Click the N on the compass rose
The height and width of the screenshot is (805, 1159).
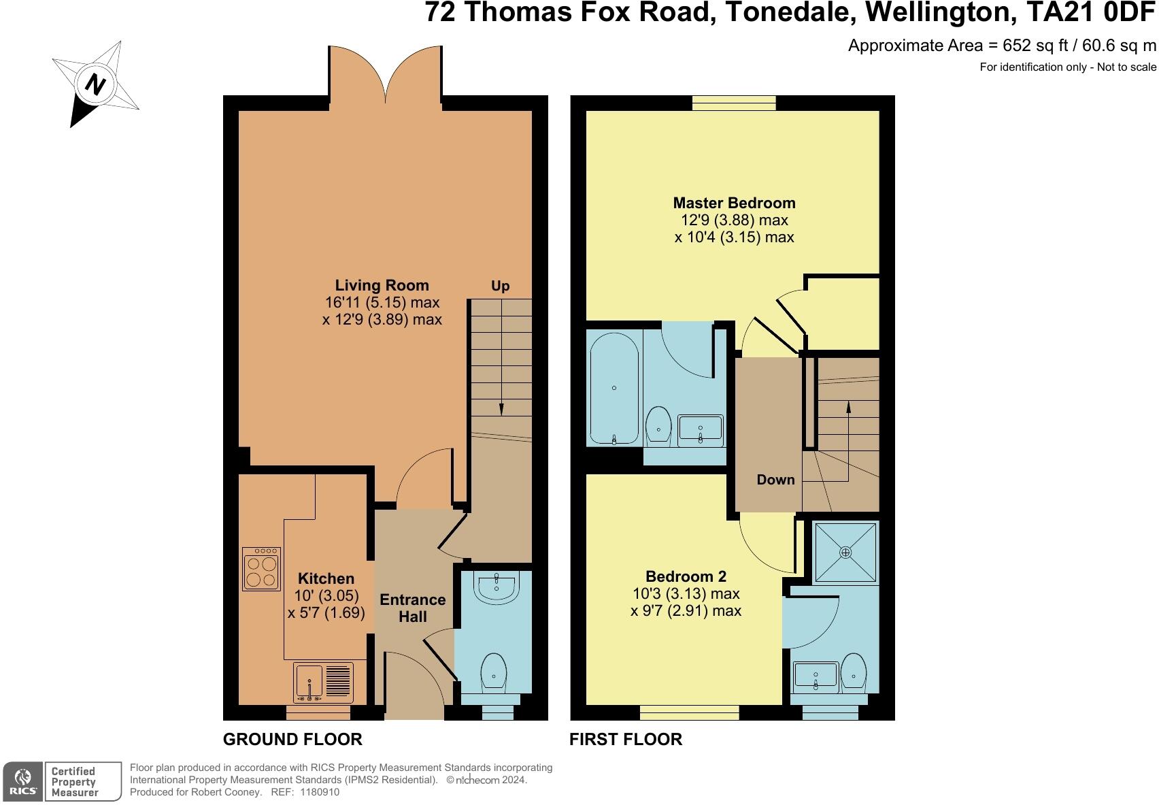(x=95, y=84)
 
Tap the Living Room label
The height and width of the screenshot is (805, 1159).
(x=382, y=285)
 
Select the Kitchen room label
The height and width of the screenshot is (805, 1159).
(x=326, y=578)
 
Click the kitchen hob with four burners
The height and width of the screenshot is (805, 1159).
(x=261, y=569)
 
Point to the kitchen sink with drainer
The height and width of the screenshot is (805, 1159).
(x=323, y=683)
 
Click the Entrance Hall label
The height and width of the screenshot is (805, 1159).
(x=413, y=608)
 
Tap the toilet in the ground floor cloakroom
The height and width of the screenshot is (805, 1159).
(x=494, y=673)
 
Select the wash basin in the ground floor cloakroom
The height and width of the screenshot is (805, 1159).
(x=497, y=587)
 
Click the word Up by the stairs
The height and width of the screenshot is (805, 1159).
(x=501, y=286)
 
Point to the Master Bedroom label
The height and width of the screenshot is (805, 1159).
(x=734, y=203)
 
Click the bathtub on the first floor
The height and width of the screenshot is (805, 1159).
(x=614, y=389)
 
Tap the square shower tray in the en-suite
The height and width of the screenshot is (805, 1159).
(x=845, y=553)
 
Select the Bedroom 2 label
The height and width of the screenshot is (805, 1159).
(x=686, y=576)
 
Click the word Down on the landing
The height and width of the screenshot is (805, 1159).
(x=775, y=479)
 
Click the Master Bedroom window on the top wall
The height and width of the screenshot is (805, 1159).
(x=734, y=103)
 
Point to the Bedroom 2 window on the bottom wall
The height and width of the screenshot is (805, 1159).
(x=689, y=712)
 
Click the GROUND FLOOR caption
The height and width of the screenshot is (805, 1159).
(x=293, y=739)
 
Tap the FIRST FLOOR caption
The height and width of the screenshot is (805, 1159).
(x=626, y=739)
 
